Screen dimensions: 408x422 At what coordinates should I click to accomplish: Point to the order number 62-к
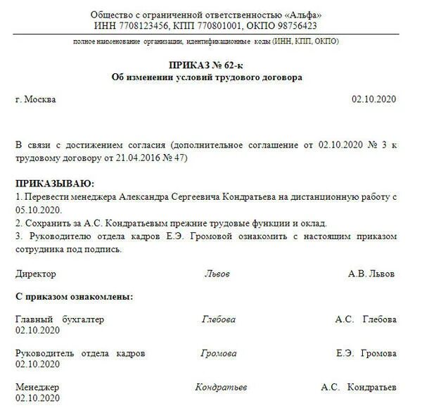(x=230, y=65)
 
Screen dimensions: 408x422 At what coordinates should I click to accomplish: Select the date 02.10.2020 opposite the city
(x=374, y=100)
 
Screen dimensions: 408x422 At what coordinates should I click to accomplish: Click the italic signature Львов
(x=217, y=274)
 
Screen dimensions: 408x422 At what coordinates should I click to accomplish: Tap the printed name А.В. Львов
(x=371, y=274)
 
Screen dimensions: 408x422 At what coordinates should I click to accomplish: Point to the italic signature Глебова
(x=219, y=319)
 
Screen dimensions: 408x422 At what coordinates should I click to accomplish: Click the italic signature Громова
(x=219, y=353)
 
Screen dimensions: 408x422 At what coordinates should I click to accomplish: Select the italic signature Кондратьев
(x=221, y=387)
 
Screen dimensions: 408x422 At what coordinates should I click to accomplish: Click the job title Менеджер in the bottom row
(x=37, y=388)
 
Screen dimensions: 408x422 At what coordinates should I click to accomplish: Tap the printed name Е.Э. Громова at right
(x=366, y=353)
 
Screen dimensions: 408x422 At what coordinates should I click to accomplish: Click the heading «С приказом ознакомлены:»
(x=74, y=297)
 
